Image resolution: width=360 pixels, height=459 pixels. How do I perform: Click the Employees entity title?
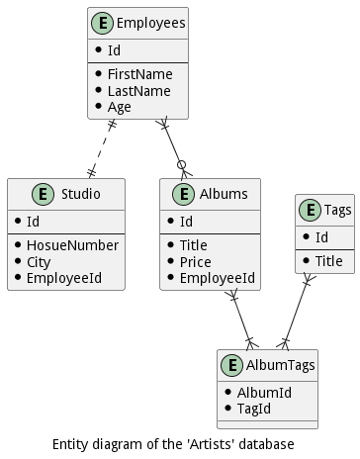click(151, 23)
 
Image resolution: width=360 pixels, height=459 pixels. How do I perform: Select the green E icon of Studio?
click(43, 194)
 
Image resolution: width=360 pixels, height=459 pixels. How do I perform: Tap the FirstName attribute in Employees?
click(140, 74)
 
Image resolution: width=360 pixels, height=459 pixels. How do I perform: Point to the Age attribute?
click(120, 107)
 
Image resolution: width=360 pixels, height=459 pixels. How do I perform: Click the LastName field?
click(139, 91)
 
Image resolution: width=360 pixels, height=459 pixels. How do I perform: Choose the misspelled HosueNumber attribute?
click(72, 245)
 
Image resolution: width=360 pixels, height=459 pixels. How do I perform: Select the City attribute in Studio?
click(39, 262)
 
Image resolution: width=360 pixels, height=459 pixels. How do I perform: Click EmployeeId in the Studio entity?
click(64, 278)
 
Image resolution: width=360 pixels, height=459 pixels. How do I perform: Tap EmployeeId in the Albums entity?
click(218, 278)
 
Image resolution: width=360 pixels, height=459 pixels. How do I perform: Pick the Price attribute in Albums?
click(196, 262)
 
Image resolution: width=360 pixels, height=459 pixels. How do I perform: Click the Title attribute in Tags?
click(329, 261)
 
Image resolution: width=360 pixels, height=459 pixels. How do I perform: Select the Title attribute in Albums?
click(194, 245)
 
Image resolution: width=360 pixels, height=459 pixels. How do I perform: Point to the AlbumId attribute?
click(264, 393)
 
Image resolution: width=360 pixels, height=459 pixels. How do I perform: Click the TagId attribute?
click(254, 409)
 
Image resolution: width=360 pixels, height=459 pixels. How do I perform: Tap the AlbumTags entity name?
click(281, 365)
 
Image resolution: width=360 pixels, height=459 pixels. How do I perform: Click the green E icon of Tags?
click(310, 210)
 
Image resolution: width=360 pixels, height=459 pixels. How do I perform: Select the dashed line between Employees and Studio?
click(102, 148)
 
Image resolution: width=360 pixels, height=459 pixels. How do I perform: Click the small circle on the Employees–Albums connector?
click(181, 164)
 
